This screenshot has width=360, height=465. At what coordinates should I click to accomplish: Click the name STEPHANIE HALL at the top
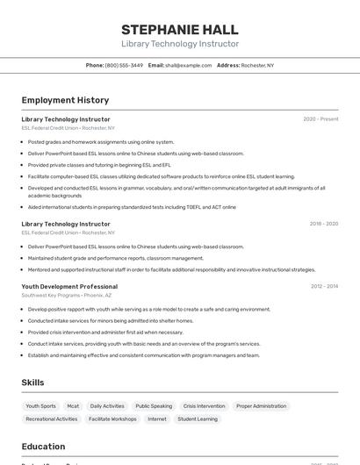179,29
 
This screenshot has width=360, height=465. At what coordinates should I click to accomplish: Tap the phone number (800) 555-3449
124,65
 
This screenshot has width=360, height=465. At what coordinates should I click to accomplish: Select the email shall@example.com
188,65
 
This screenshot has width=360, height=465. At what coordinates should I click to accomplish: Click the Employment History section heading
65,100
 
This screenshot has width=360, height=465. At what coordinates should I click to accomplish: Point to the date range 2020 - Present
320,118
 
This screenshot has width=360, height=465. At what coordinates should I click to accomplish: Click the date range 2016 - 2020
323,224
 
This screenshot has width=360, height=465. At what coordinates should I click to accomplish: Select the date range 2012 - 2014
324,286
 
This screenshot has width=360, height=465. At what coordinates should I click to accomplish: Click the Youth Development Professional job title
69,287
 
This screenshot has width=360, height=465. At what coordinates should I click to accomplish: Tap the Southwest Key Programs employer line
67,296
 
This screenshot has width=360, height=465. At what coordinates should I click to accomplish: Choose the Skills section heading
32,383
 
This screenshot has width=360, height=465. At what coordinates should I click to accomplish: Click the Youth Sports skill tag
40,406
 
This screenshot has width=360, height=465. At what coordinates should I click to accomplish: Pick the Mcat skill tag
73,406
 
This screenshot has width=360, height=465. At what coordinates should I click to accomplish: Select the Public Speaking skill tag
154,406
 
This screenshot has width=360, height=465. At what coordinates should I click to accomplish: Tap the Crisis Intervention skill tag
204,406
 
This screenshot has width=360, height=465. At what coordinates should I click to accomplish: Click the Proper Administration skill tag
261,406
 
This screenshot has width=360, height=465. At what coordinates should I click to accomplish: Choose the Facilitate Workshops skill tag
112,419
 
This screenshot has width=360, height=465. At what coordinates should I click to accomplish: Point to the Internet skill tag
157,419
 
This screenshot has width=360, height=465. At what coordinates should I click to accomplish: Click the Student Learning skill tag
198,419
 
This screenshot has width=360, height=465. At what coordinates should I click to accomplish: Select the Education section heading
43,445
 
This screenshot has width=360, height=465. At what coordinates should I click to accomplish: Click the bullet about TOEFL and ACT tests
132,207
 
